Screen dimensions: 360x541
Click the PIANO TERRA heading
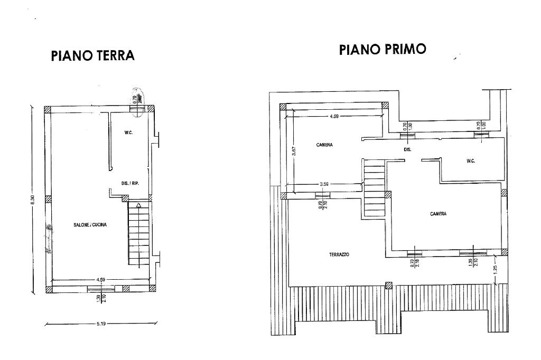click(92, 55)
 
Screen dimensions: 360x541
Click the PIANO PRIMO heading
click(383, 50)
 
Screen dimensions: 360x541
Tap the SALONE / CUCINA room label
click(90, 225)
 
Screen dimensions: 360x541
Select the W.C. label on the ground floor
click(128, 132)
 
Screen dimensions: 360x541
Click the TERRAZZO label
click(339, 254)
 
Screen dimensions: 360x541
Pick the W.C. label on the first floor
click(471, 161)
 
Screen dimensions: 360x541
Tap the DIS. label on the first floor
click(407, 150)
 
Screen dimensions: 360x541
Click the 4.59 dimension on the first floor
click(334, 116)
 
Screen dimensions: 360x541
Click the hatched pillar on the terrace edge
click(389, 285)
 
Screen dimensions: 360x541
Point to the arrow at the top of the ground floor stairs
click(138, 205)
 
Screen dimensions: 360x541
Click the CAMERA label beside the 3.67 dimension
click(324, 145)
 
